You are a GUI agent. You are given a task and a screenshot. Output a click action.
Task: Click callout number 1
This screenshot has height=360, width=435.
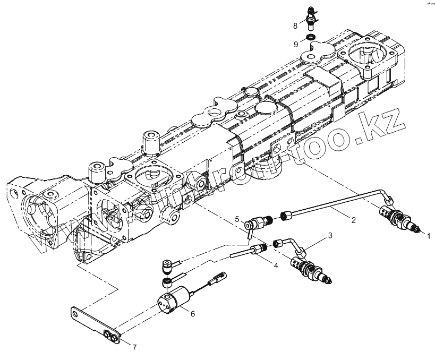(429, 235)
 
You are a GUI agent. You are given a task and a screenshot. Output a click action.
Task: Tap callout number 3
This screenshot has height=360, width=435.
(330, 235)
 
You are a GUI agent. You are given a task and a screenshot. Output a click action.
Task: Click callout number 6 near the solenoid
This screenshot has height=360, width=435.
(193, 313)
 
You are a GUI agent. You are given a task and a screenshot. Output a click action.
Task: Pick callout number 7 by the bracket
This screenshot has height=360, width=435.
(134, 347)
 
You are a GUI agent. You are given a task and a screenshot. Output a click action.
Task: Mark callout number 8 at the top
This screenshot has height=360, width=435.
(295, 25)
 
